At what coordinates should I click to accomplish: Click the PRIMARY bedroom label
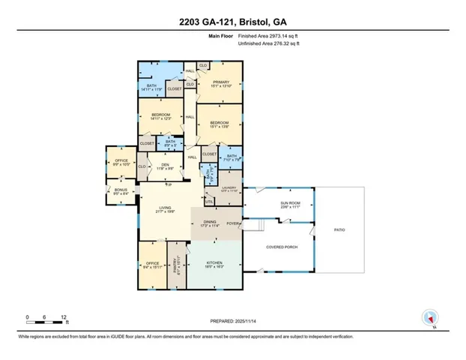pyautogui.click(x=220, y=82)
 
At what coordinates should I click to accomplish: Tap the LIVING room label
pyautogui.click(x=166, y=209)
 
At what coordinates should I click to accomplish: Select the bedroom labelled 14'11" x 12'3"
pyautogui.click(x=162, y=116)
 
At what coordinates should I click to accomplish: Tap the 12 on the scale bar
pyautogui.click(x=65, y=317)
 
